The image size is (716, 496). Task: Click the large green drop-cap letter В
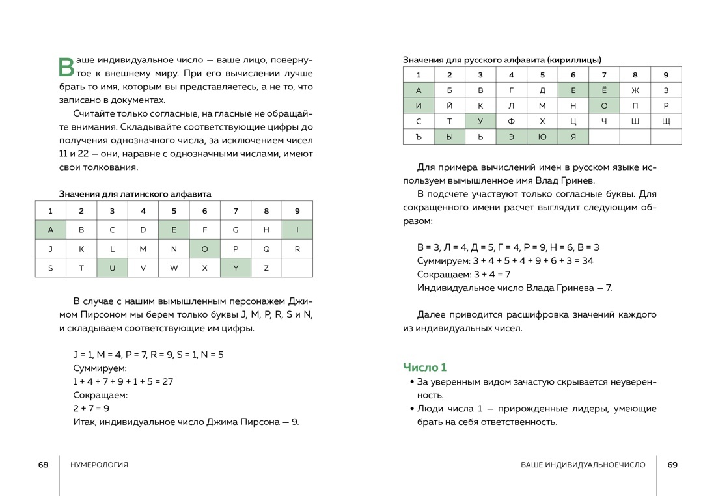[67, 67]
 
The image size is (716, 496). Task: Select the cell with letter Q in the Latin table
[266, 249]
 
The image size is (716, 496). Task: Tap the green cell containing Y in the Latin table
[236, 268]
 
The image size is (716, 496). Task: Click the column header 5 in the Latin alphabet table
[174, 210]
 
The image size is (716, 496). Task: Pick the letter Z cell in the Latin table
[266, 268]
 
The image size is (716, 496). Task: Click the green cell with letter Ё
[604, 90]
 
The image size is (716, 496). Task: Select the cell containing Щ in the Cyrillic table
[666, 121]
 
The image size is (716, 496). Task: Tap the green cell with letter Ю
[542, 137]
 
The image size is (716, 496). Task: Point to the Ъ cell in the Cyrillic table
[419, 137]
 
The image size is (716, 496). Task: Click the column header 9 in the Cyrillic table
[666, 75]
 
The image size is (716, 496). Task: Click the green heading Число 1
[425, 367]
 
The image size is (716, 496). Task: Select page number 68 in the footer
[43, 465]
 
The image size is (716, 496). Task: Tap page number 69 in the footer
[672, 465]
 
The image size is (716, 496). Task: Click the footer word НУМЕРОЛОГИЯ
[98, 465]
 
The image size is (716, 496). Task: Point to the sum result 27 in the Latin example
[167, 381]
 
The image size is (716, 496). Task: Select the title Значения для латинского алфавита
[135, 193]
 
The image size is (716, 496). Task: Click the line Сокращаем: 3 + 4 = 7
[464, 274]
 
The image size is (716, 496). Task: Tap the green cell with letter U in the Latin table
[112, 268]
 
